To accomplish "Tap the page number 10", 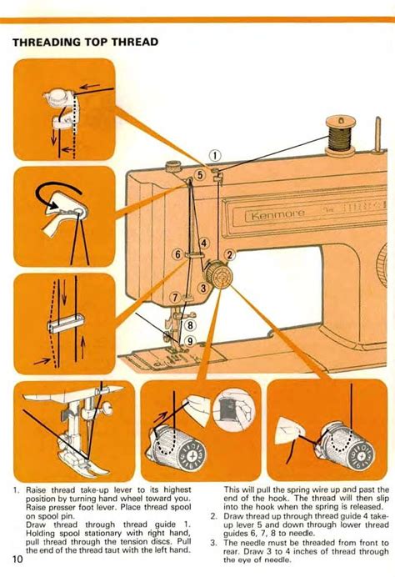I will tap(17, 558).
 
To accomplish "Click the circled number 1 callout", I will tap(214, 154).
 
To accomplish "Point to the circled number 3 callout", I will tap(202, 288).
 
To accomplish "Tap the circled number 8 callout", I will tap(190, 326).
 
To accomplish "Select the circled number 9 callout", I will tap(190, 340).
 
